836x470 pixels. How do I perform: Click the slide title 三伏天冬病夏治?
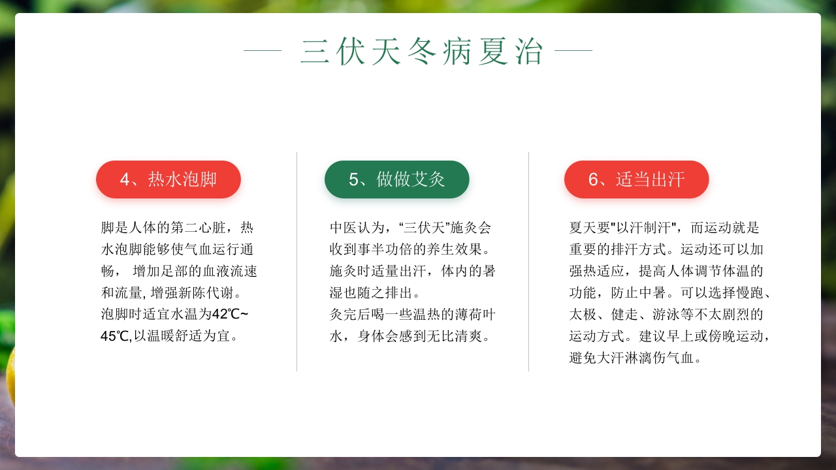point(422,52)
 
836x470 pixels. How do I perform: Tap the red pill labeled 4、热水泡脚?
point(169,180)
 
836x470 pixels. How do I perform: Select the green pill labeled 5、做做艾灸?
point(396,180)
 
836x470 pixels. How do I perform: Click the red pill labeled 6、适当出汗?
point(636,180)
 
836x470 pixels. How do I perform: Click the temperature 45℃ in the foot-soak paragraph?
point(116,336)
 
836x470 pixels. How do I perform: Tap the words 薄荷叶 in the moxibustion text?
point(475,315)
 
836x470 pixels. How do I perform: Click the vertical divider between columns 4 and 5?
point(297,262)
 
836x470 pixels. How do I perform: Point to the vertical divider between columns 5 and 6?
point(528,262)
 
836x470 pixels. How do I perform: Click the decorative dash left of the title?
point(262,50)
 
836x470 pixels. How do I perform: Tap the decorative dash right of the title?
point(573,50)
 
